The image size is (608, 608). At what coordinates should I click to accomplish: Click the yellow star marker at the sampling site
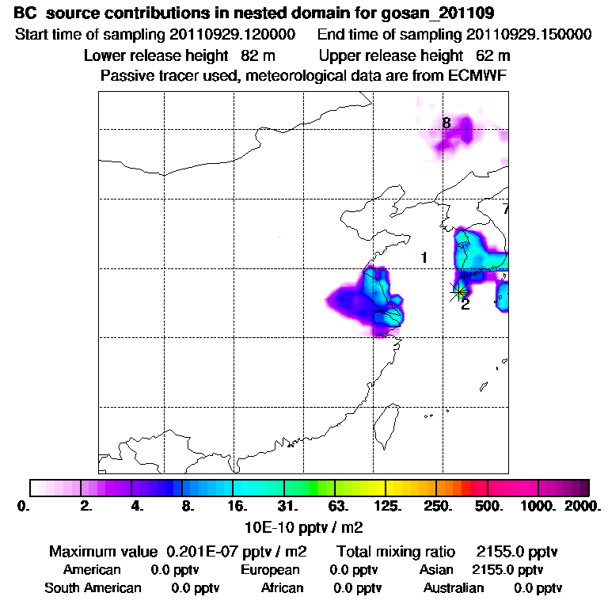click(460, 291)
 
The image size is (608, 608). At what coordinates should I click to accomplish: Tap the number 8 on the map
click(446, 123)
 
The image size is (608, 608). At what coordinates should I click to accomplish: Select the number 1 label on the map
click(424, 257)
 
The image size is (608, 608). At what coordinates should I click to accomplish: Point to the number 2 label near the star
click(465, 305)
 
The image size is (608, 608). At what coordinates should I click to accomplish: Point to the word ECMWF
click(476, 75)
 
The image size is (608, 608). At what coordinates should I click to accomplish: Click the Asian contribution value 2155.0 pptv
click(507, 570)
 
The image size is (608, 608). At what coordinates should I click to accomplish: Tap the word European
click(270, 570)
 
